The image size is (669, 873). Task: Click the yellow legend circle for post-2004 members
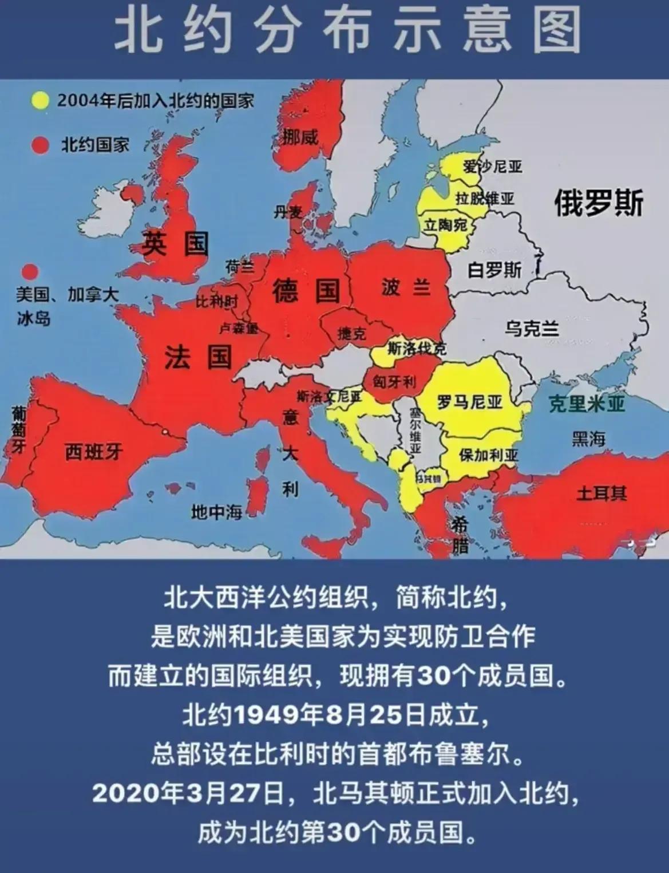[x=40, y=101]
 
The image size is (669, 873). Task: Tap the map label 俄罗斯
[x=599, y=203]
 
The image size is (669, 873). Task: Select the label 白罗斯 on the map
[x=494, y=270]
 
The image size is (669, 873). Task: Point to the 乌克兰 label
[x=532, y=329]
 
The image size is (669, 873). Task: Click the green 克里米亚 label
[x=587, y=404]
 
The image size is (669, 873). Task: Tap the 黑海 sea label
[x=588, y=439]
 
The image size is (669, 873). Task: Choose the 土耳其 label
[x=601, y=492]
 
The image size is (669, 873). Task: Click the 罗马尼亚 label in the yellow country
[x=470, y=402]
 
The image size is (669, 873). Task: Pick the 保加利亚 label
[x=489, y=455]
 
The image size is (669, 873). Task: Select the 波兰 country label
[x=406, y=287]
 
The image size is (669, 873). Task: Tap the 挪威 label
[x=300, y=136]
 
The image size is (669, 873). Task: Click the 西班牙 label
[x=93, y=452]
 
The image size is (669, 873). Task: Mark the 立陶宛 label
[x=445, y=225]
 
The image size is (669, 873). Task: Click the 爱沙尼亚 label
[x=493, y=167]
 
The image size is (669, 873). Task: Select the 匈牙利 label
[x=394, y=381]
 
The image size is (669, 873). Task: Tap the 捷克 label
[x=352, y=333]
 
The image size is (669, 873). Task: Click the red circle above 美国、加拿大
[x=30, y=272]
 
